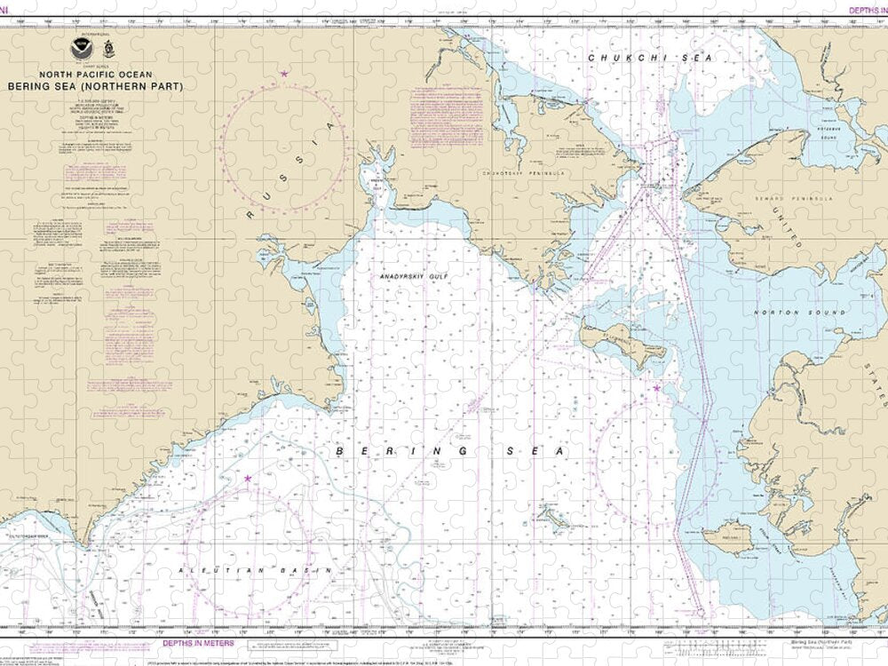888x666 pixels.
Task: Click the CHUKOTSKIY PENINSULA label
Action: pos(524,173)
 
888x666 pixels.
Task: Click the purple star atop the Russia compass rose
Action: pos(284,74)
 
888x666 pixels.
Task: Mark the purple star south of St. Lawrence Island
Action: pos(656,388)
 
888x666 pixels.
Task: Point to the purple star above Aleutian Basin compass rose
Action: pos(247,480)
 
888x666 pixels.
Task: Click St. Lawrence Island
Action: pos(622,342)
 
